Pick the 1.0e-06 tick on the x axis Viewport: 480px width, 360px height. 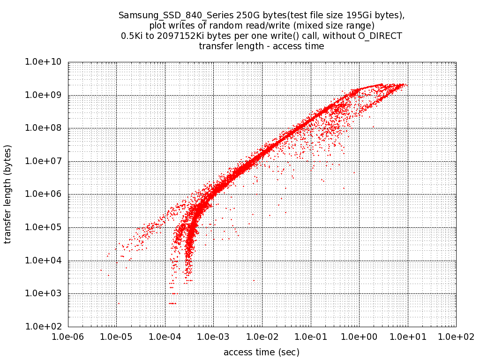68,337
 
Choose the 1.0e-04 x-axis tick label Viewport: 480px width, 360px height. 165,337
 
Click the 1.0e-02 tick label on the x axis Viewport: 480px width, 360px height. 262,337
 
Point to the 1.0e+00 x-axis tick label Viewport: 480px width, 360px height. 359,337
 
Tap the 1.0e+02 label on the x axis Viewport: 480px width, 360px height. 456,337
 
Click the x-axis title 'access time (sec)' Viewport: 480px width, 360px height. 262,352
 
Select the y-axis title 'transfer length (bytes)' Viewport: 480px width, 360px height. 8,194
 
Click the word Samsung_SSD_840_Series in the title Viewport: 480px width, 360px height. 161,15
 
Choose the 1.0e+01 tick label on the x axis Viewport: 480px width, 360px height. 407,337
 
